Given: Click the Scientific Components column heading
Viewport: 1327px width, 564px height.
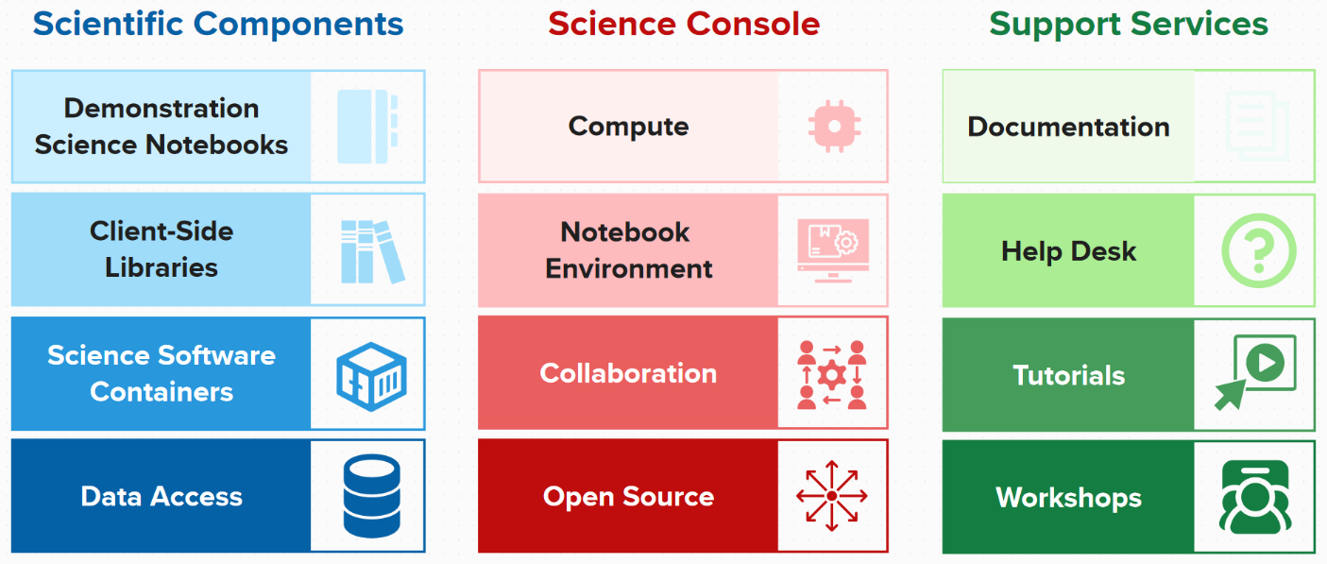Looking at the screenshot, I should [x=218, y=24].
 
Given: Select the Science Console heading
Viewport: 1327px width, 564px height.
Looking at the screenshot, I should [x=684, y=24].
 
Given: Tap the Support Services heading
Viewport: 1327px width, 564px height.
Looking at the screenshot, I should [x=1129, y=24].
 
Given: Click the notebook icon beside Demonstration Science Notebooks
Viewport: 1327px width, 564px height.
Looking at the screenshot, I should [x=367, y=127].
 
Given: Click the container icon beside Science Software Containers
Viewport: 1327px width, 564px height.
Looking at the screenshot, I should [x=371, y=374].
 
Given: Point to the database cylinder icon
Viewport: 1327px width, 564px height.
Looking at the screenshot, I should [x=371, y=496].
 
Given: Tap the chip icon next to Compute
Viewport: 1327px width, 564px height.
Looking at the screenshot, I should [x=834, y=127].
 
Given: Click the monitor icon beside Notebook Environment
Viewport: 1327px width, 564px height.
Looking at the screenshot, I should [x=832, y=251].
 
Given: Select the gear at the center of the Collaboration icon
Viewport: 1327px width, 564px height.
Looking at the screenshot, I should [x=832, y=375].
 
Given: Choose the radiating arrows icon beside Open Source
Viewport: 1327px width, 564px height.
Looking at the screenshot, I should [x=832, y=496].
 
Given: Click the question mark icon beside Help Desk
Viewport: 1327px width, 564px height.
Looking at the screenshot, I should [x=1258, y=252].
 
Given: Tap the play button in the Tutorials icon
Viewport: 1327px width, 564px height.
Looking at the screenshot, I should [x=1265, y=362].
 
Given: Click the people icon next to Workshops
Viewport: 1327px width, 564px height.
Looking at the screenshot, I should [x=1255, y=497].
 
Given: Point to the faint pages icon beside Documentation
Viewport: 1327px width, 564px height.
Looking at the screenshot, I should [x=1256, y=127].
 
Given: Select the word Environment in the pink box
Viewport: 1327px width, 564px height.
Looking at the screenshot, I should [x=629, y=269].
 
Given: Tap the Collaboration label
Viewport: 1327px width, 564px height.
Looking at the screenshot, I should [x=628, y=374].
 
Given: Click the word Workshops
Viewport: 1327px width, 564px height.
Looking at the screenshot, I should [x=1068, y=498].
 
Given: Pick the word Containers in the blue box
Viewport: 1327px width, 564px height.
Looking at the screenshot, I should [x=162, y=392].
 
